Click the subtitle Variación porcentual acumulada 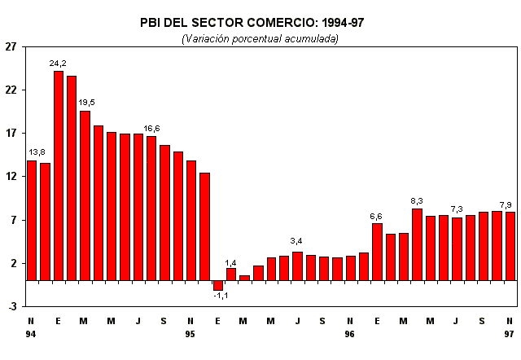pos(260,38)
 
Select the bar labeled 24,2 pos(59,175)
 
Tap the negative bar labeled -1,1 pos(218,285)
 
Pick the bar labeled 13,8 pos(32,220)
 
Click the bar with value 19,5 pos(85,195)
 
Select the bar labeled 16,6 pos(151,208)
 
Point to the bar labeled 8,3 pos(417,244)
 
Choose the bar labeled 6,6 pos(377,252)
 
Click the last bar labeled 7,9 pos(510,246)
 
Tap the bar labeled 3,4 pos(297,266)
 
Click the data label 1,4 pos(231,262)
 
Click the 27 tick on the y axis pos(11,46)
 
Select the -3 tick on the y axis pos(11,307)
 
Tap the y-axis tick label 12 pos(11,177)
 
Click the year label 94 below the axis pos(31,334)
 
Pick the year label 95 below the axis pos(190,334)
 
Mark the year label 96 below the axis pos(350,334)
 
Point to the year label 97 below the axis pos(510,334)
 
